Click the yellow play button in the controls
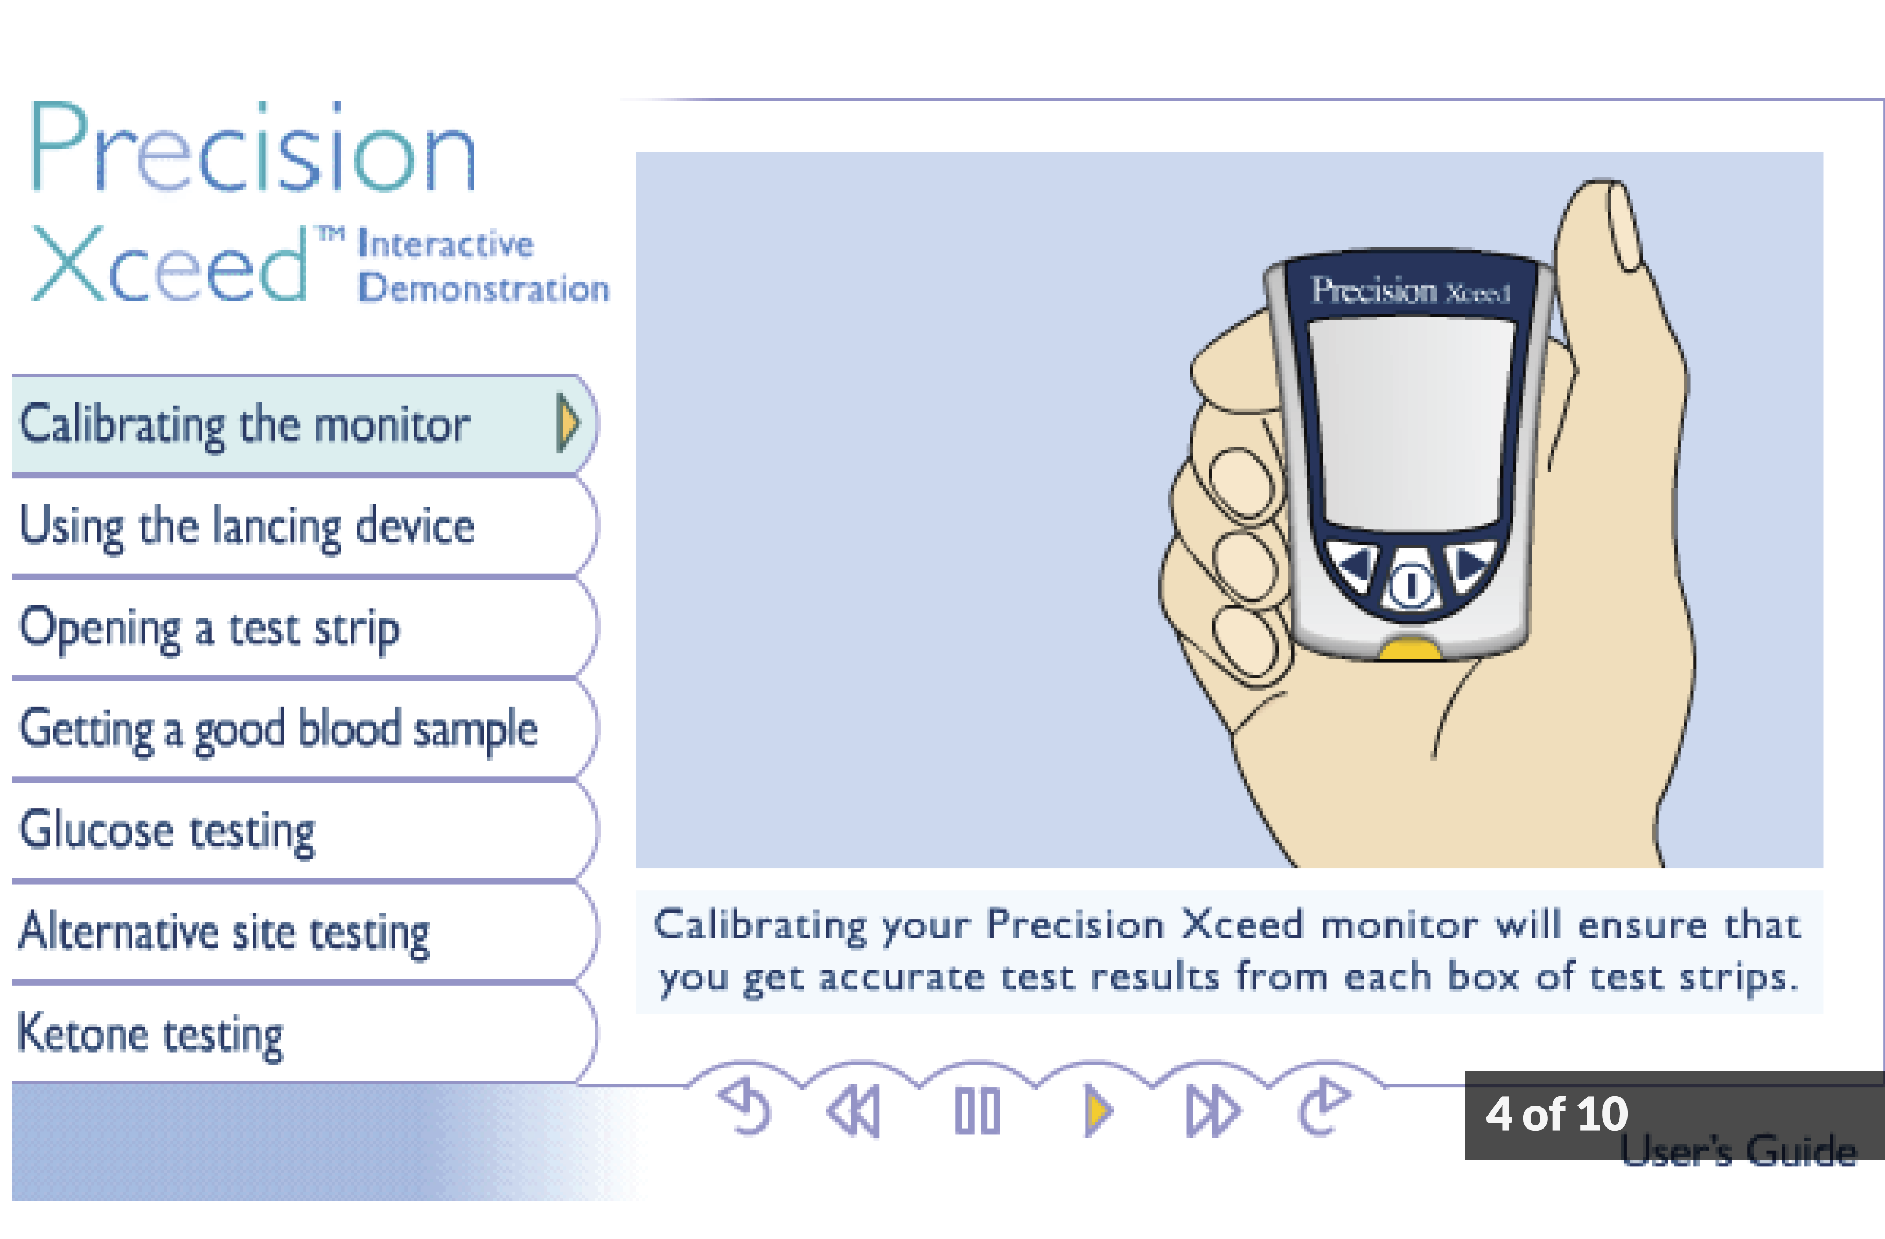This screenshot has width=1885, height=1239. click(1098, 1111)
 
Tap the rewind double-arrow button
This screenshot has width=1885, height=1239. click(853, 1111)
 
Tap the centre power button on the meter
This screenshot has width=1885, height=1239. click(1410, 586)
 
